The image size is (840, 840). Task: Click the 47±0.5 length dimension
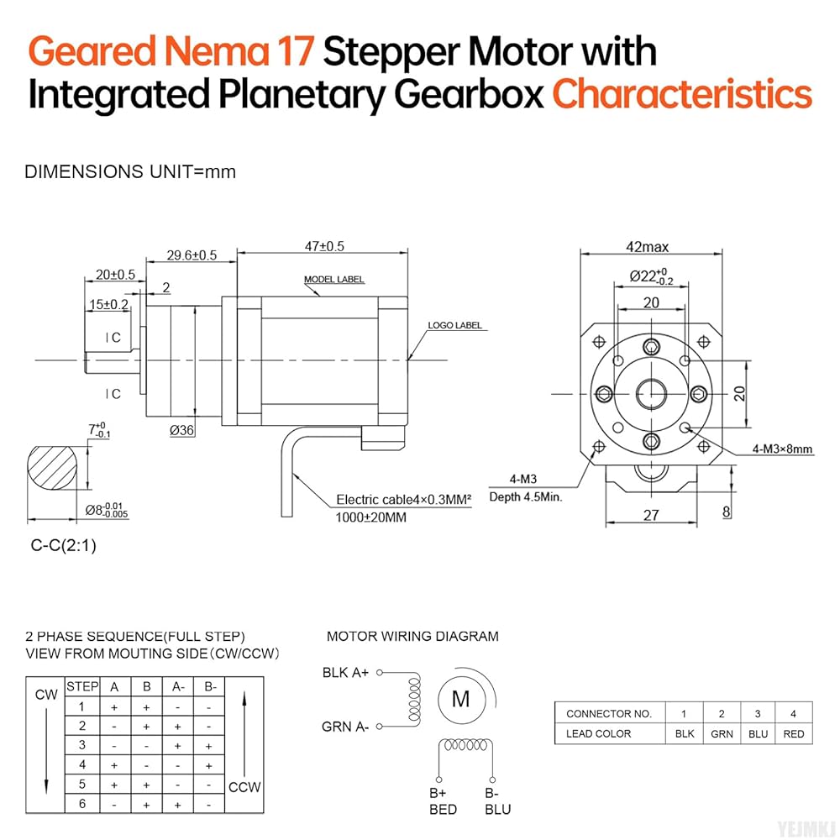324,246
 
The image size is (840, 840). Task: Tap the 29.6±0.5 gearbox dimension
191,255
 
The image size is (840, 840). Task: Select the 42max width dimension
647,247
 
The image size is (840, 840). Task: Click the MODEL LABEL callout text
333,280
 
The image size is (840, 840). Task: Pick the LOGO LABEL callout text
454,325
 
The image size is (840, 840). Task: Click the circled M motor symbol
461,699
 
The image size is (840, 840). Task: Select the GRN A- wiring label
345,727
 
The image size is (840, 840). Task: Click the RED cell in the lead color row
793,733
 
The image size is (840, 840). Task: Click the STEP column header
81,687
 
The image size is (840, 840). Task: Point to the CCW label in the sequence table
244,787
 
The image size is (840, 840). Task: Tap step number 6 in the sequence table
81,804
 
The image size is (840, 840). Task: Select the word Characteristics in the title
682,95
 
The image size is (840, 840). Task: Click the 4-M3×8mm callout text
782,449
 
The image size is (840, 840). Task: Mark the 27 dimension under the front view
651,515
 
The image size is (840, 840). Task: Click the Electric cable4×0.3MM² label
403,498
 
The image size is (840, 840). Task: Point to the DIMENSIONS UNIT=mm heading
130,172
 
